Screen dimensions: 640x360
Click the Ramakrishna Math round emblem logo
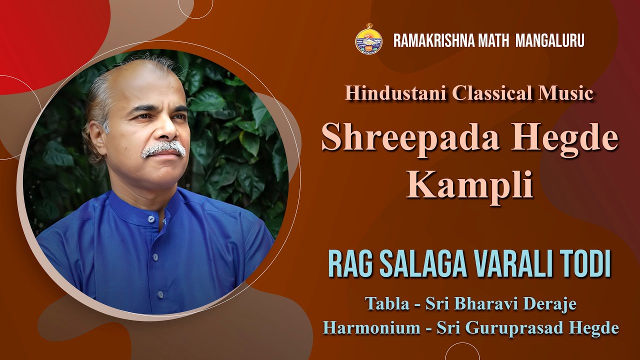point(368,39)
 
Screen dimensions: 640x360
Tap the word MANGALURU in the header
point(550,40)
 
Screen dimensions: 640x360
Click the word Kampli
point(470,185)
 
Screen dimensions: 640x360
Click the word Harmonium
point(371,327)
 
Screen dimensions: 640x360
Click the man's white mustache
point(163,148)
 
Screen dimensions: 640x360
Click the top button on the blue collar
point(151,219)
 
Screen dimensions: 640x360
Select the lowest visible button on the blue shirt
point(160,294)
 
